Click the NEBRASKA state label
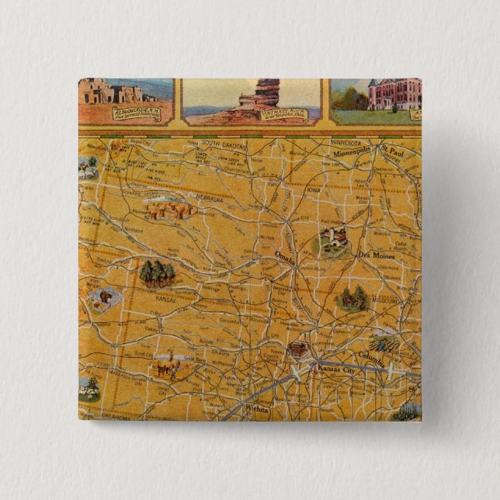point(207,199)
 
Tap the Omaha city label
point(286,256)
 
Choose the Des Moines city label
point(376,255)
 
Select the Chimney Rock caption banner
point(283,115)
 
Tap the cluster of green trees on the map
point(158,273)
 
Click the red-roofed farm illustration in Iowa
point(332,241)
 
